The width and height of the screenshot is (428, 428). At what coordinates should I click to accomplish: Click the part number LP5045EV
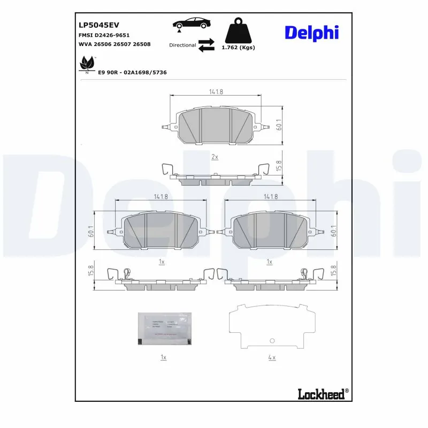(x=99, y=25)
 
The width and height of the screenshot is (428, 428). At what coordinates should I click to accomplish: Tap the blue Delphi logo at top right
(x=311, y=32)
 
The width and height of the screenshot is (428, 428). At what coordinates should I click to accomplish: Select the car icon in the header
(x=192, y=24)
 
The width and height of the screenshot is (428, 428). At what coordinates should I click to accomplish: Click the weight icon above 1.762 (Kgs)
(x=238, y=30)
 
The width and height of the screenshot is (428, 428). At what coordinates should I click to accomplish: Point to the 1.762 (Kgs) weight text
(x=238, y=48)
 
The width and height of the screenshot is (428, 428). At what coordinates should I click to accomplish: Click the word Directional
(x=182, y=45)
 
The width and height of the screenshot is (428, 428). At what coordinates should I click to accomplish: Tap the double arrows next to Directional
(x=206, y=45)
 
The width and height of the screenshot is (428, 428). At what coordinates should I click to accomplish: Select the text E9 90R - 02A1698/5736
(x=132, y=72)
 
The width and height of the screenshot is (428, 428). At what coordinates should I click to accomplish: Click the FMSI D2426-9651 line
(x=104, y=35)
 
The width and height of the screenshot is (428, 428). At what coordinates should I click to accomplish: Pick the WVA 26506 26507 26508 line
(x=114, y=44)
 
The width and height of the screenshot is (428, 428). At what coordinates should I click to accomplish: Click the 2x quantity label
(x=215, y=157)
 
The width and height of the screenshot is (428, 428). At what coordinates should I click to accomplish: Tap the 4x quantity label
(x=271, y=357)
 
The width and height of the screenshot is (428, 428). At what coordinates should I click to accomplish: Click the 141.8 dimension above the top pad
(x=216, y=92)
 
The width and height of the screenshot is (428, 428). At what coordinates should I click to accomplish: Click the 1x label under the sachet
(x=164, y=357)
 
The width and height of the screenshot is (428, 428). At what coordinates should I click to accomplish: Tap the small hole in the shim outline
(x=272, y=341)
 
